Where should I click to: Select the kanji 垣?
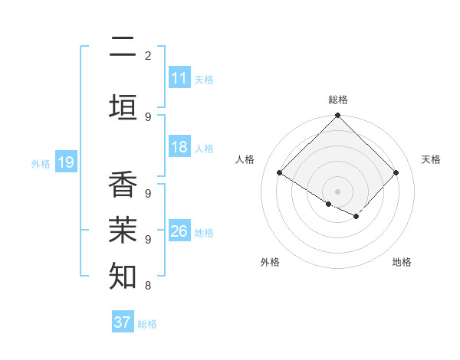(123, 108)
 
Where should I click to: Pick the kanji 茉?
(123, 230)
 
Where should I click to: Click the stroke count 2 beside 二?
(148, 55)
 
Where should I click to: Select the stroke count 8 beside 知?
(148, 286)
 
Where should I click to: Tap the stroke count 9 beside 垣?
(148, 116)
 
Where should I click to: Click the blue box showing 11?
(179, 78)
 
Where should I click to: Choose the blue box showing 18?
(179, 147)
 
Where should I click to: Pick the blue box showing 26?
(179, 231)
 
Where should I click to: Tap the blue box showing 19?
(65, 162)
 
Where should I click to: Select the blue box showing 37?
(122, 322)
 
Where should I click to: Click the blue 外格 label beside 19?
(40, 163)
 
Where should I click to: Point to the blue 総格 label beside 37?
(147, 324)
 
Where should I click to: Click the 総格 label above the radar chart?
(337, 100)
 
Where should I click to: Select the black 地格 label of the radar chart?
(402, 262)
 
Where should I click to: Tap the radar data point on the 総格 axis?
(337, 116)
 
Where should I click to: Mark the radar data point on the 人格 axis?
(280, 173)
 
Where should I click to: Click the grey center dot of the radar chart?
(337, 191)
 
